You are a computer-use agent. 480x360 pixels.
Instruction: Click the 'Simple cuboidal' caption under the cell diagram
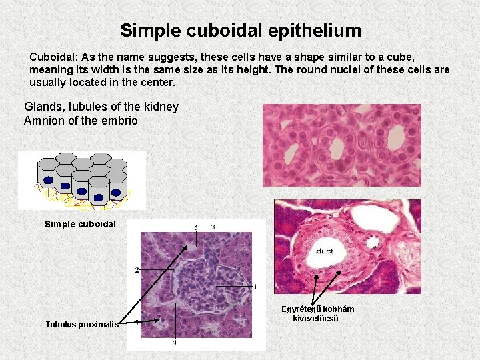(x=80, y=224)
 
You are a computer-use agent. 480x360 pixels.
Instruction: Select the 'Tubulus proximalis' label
(x=81, y=325)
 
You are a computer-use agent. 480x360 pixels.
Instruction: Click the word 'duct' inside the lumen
(x=325, y=251)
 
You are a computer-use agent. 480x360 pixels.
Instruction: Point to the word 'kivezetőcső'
(x=316, y=318)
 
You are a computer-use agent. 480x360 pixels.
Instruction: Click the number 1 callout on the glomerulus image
(x=255, y=287)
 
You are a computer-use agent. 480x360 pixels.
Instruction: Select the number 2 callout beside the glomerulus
(x=137, y=270)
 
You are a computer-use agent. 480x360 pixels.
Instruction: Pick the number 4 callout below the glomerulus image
(x=175, y=342)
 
